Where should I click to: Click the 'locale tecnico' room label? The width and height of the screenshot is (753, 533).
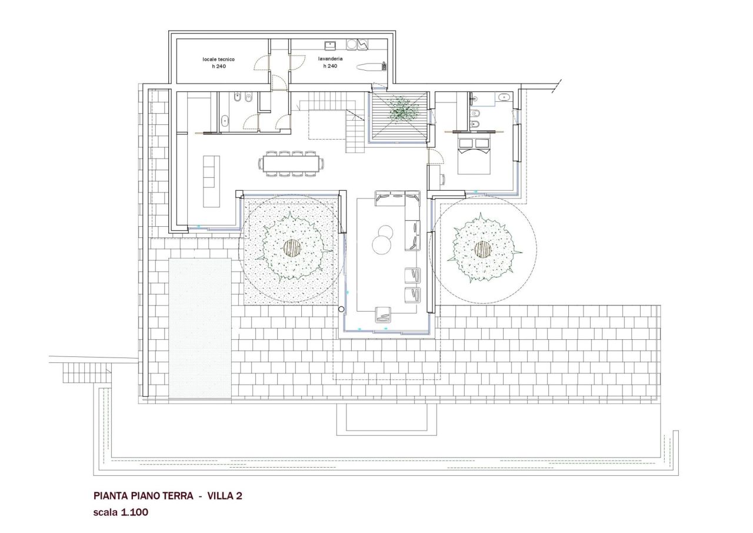218,59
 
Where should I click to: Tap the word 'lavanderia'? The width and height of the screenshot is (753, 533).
330,59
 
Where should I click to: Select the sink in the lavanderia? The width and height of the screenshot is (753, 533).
331,44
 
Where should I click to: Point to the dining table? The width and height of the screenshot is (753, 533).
291,164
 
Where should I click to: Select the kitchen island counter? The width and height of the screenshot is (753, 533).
211,181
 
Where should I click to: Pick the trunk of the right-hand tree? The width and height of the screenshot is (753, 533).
483,249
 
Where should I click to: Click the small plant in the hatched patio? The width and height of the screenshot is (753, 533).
402,110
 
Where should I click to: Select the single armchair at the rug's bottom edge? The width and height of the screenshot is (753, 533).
383,314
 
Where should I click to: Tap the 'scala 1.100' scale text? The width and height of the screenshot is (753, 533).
121,512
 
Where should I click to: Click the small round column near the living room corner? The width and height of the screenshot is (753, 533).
341,309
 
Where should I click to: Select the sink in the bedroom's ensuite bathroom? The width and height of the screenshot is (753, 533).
504,97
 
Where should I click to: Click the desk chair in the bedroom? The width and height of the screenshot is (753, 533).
442,179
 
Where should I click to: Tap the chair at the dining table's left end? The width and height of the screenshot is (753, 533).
261,164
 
